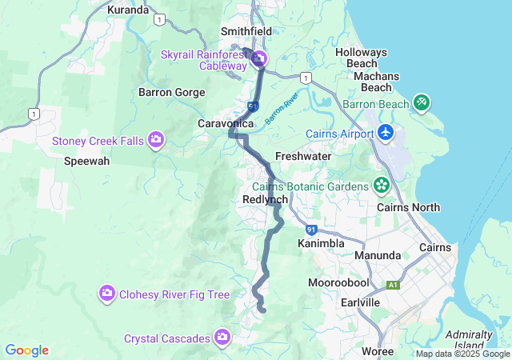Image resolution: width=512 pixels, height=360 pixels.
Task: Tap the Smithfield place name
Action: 246,32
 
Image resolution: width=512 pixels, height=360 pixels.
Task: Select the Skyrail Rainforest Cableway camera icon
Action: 260,58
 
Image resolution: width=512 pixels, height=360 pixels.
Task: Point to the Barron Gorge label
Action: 172,92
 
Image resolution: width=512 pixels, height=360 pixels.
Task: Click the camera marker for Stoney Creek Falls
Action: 156,141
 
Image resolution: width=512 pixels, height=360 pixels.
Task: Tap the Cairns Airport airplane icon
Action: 386,132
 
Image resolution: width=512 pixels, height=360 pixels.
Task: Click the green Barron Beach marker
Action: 422,102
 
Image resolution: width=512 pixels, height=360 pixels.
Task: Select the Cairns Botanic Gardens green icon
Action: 382,186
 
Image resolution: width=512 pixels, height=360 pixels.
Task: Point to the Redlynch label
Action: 265,199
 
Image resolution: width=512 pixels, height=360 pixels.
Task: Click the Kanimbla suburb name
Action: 321,242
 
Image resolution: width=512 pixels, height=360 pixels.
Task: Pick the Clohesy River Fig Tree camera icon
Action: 106,294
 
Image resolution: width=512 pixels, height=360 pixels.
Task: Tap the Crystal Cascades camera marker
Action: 222,338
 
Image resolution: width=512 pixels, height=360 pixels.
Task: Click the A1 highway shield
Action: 393,284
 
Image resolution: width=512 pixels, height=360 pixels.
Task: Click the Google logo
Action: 27,350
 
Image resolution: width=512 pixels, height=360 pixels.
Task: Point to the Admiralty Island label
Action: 470,339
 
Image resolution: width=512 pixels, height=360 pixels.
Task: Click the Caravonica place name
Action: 226,124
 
